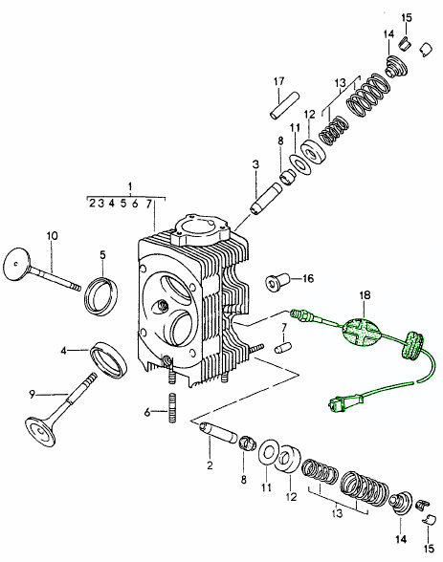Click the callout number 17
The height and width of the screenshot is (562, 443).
point(279,80)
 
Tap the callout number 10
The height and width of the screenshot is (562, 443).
point(52,235)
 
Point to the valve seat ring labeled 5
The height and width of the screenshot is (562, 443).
point(99,294)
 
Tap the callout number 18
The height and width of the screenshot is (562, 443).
point(364,297)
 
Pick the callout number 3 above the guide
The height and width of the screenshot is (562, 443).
point(255,164)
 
